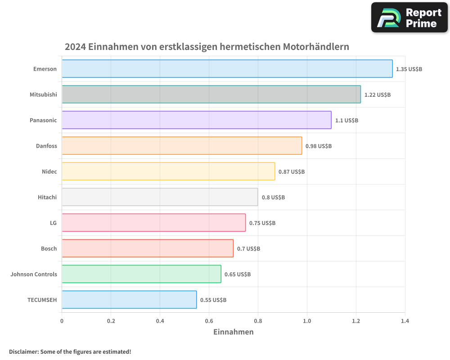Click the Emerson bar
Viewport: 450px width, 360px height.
(x=227, y=69)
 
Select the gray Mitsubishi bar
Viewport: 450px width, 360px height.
(x=211, y=94)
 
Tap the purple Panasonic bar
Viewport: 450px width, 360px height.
(x=196, y=120)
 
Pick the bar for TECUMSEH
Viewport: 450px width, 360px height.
(x=129, y=300)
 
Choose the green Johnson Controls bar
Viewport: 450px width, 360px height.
(x=141, y=274)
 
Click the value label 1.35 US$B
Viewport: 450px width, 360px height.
(x=409, y=69)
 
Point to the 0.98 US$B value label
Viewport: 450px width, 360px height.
(x=319, y=146)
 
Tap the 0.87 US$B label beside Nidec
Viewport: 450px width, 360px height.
(x=292, y=172)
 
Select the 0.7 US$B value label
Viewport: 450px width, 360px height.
(x=248, y=249)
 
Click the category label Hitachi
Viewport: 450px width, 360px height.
(x=47, y=197)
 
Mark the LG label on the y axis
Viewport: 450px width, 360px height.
(x=53, y=223)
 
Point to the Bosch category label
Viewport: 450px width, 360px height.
(x=49, y=248)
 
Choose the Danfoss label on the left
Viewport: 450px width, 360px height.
(x=46, y=146)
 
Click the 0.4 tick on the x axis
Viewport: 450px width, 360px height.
(x=160, y=321)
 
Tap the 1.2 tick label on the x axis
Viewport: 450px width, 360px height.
(x=356, y=321)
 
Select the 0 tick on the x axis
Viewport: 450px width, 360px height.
(x=62, y=321)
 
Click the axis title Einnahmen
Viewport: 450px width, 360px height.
(x=233, y=332)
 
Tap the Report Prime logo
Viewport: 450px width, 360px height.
(x=409, y=18)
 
